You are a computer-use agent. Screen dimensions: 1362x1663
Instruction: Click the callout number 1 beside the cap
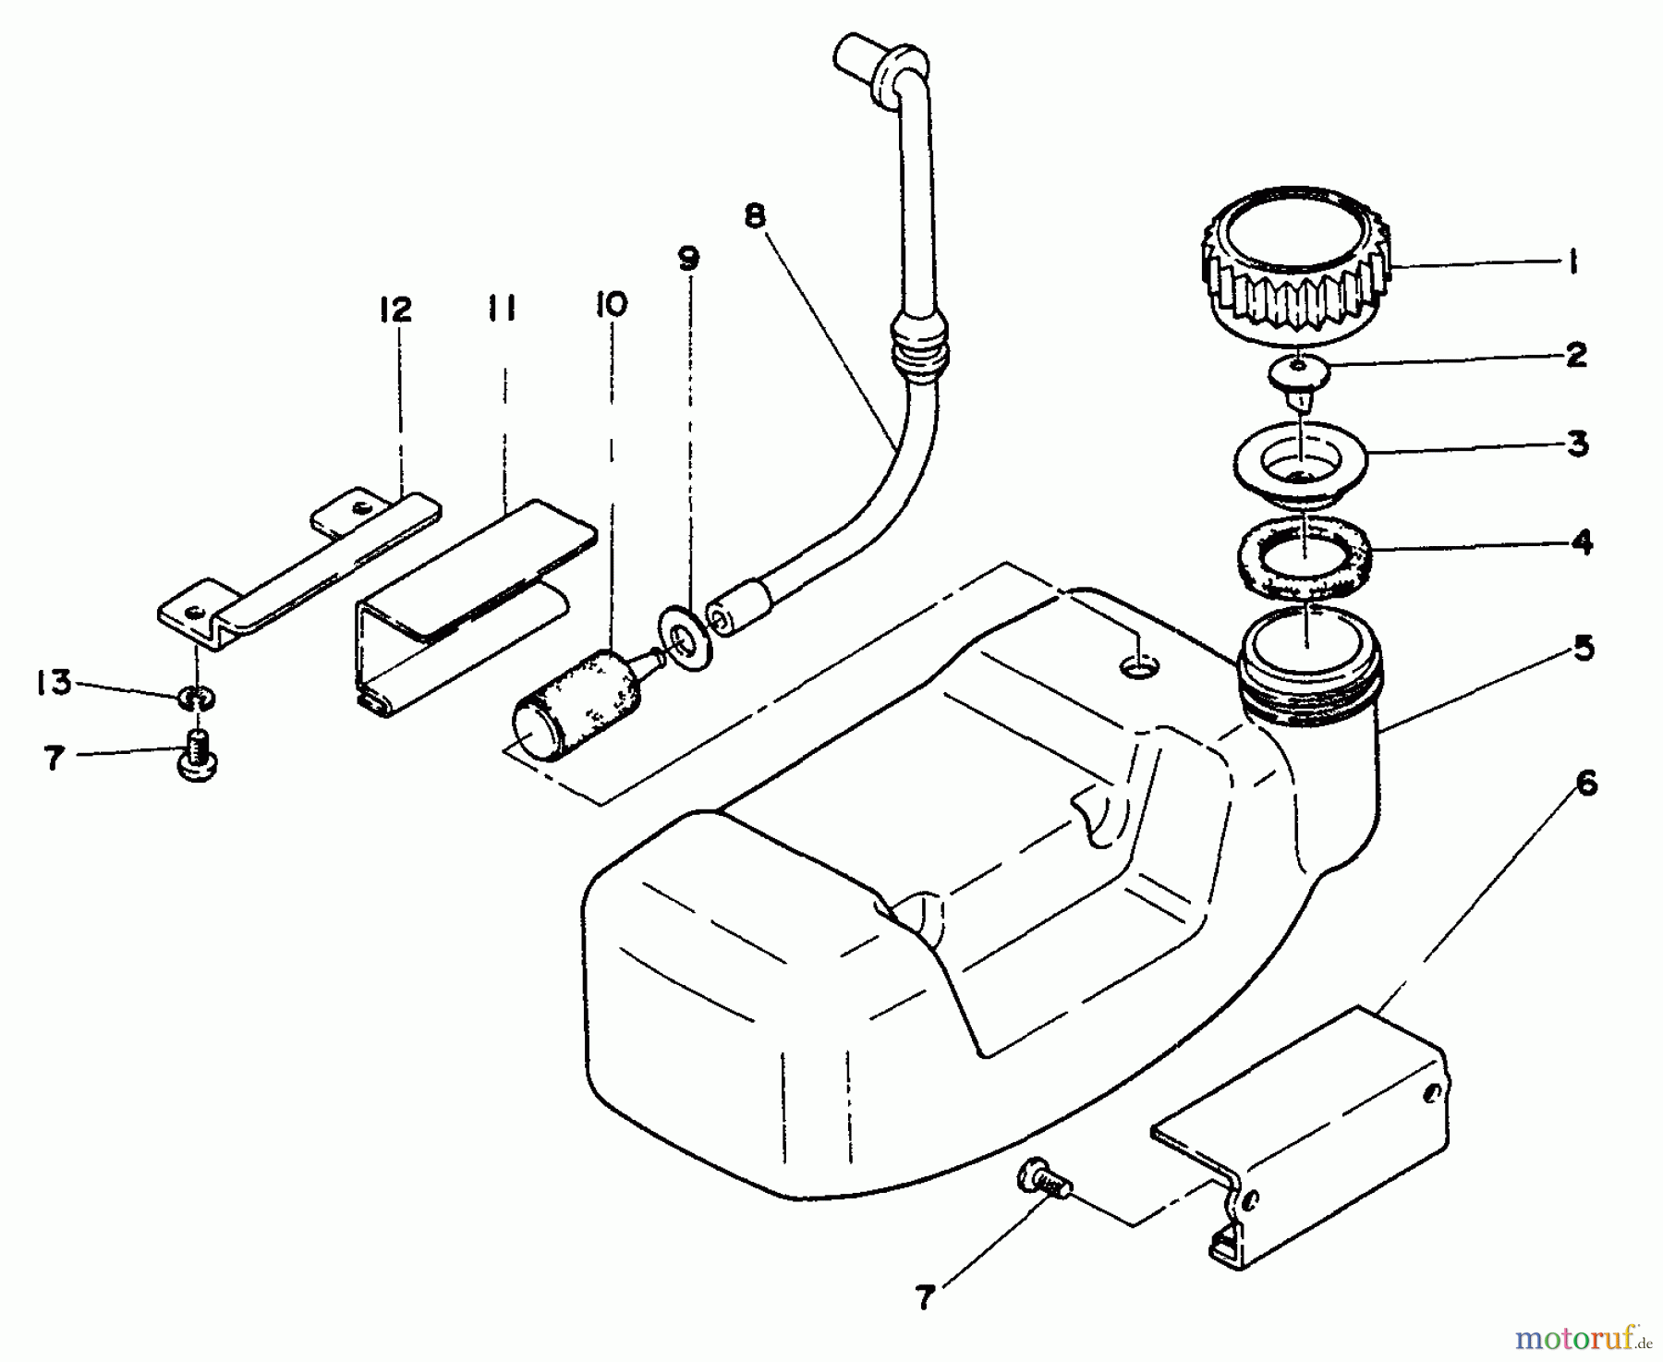[x=1570, y=264]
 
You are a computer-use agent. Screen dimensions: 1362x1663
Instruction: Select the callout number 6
[x=1585, y=784]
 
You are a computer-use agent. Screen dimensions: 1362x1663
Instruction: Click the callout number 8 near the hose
[x=755, y=216]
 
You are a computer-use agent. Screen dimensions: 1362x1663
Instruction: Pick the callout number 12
[x=395, y=310]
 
